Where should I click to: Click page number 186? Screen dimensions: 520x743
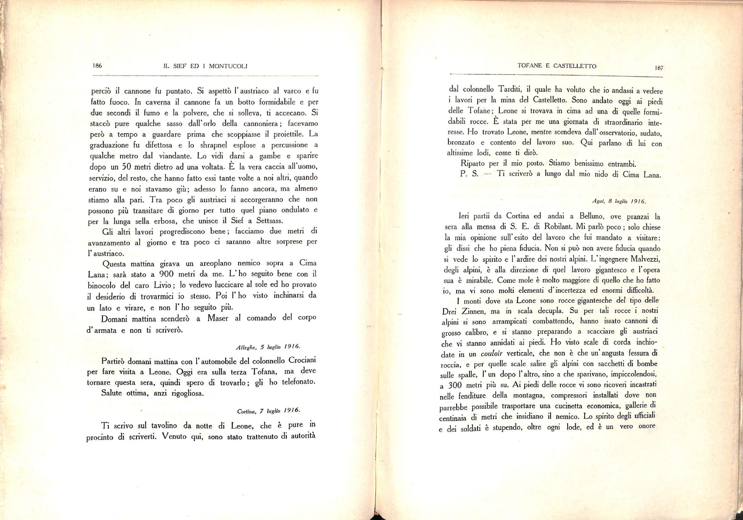[97, 65]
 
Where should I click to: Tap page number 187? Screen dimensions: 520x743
[659, 68]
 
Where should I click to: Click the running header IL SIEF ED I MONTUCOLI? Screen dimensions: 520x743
[205, 66]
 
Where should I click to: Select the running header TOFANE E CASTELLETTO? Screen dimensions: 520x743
[556, 66]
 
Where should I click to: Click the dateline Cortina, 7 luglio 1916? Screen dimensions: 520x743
[268, 411]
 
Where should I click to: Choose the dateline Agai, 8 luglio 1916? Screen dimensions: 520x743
[619, 201]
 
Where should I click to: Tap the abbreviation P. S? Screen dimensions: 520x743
[469, 174]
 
